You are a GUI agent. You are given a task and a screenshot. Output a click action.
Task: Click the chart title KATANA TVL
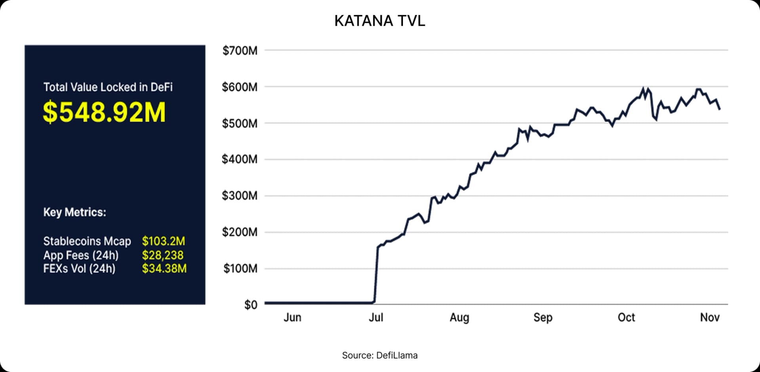coord(380,21)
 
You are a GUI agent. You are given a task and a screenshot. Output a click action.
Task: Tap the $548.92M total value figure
coord(104,112)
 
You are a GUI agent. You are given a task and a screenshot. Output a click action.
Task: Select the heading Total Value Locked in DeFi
coord(108,87)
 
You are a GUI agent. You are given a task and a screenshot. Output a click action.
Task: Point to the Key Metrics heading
coord(74,212)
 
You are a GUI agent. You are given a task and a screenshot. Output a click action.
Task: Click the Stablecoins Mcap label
coord(87,241)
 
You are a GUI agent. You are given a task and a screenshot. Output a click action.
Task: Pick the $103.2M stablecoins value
coord(163,241)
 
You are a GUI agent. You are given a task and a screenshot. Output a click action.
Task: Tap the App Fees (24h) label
coord(81,255)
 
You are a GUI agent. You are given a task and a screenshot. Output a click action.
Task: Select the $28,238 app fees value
coord(163,255)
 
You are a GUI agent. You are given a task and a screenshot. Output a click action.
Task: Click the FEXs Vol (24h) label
coord(79,268)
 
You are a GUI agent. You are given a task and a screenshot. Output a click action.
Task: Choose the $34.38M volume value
coord(164,268)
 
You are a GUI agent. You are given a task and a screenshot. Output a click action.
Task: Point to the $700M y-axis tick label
coord(240,51)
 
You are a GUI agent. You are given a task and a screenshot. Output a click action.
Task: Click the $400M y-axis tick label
coord(240,159)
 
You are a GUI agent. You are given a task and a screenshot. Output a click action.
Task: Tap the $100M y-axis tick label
coord(240,269)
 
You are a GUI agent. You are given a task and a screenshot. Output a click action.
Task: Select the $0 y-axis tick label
coord(251,305)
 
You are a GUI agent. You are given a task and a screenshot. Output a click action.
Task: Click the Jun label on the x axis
coord(293,317)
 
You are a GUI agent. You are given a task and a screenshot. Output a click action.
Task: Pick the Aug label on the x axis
coord(460,317)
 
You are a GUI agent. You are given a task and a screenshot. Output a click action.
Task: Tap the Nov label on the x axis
coord(710,317)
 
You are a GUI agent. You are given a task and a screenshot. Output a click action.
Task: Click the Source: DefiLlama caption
coord(380,355)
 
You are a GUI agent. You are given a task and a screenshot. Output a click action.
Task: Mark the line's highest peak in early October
coord(643,88)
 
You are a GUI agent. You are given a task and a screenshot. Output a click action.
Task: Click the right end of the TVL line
coord(720,109)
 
